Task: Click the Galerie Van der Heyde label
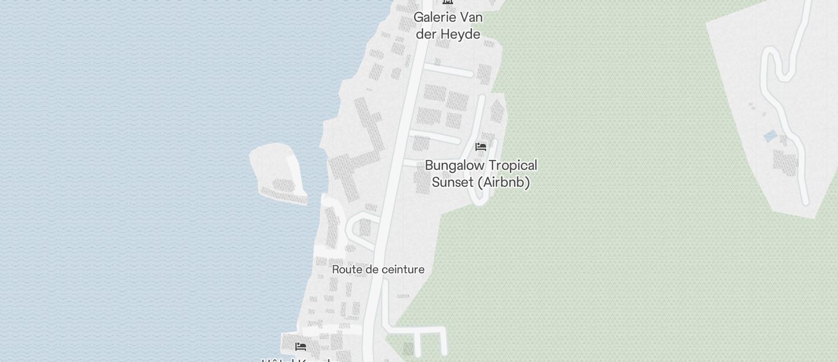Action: (448, 26)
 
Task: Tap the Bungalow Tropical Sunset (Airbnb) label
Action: (481, 174)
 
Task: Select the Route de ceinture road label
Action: (378, 270)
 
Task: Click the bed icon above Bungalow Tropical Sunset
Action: (481, 147)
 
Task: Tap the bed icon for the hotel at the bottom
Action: (301, 347)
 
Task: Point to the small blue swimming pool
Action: (770, 136)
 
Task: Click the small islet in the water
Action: (277, 170)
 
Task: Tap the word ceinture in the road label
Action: (398, 270)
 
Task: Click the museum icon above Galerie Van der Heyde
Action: (448, 2)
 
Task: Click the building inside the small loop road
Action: (365, 227)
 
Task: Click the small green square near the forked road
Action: (408, 348)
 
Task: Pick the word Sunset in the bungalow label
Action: (453, 183)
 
